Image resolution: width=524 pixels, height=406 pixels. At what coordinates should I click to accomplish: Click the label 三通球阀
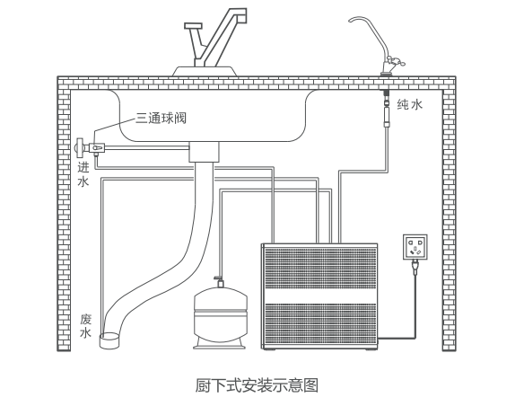(161, 118)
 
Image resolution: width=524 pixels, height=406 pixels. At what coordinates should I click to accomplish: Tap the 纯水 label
(410, 104)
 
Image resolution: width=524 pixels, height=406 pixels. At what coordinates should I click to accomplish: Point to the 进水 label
(83, 174)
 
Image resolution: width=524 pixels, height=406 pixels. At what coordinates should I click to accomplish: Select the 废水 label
(85, 326)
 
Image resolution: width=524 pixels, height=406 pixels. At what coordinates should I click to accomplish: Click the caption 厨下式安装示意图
(257, 385)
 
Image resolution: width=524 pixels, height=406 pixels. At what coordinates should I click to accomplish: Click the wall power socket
(415, 247)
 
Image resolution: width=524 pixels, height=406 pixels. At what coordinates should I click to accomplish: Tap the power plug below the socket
(415, 267)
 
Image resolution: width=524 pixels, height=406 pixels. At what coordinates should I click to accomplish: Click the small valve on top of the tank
(219, 281)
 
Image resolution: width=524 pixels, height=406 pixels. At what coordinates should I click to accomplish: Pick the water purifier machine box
(319, 296)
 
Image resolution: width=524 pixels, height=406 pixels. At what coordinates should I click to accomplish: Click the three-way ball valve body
(97, 148)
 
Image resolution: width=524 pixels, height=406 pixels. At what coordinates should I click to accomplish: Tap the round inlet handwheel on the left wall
(79, 147)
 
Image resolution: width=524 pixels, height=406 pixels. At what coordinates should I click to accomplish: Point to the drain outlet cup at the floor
(109, 340)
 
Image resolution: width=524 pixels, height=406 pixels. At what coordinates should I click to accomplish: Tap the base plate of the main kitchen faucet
(205, 71)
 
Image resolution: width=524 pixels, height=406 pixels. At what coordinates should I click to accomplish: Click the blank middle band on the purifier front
(319, 296)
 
